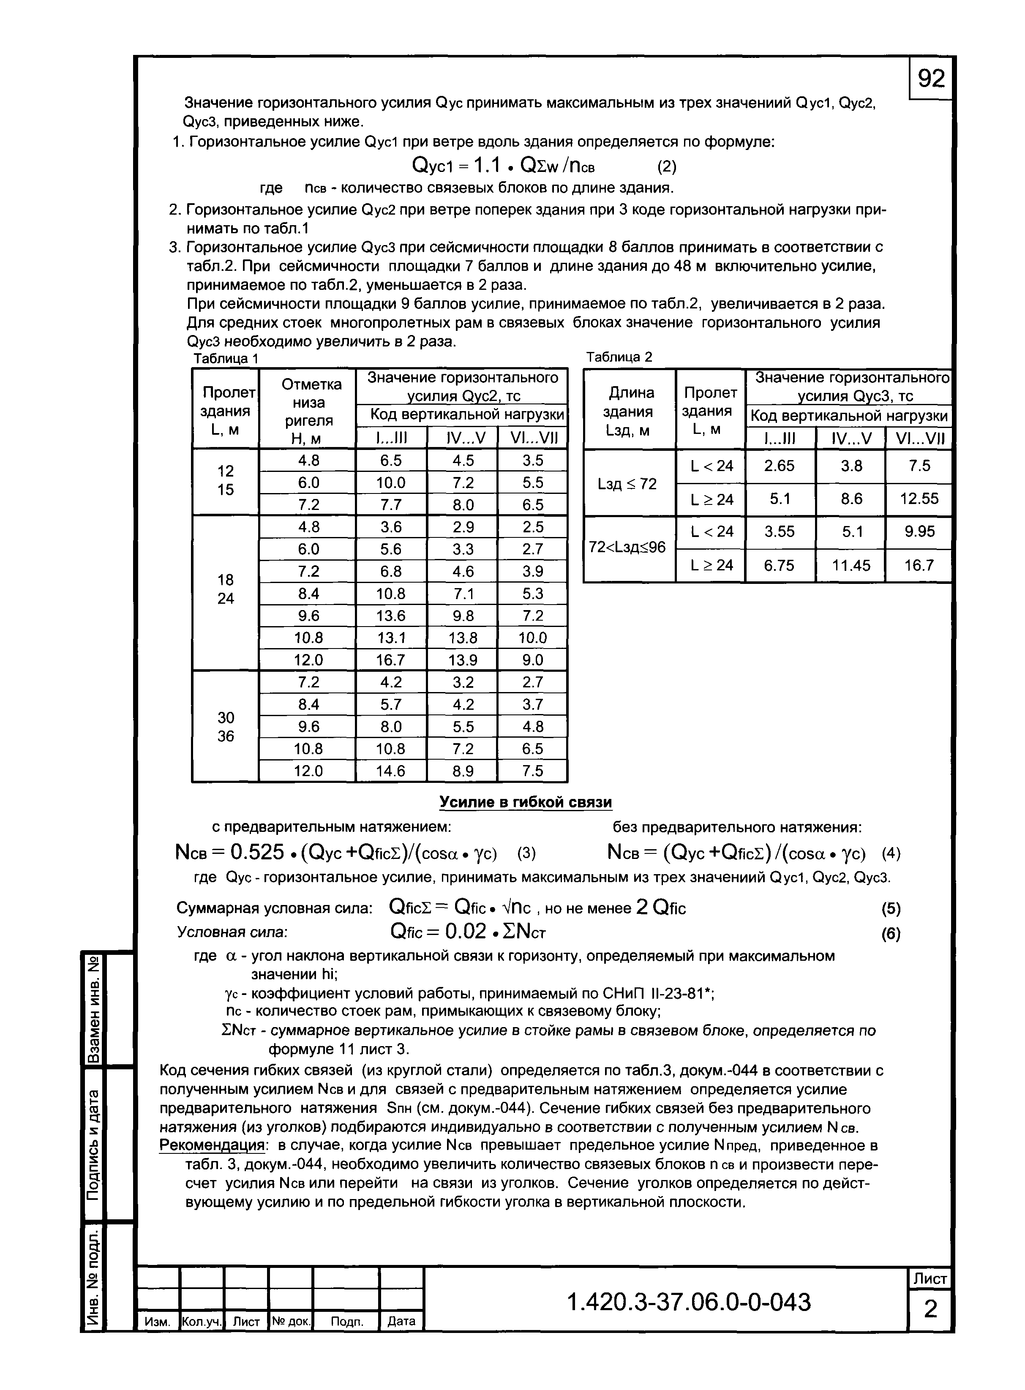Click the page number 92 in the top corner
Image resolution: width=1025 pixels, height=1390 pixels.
point(931,79)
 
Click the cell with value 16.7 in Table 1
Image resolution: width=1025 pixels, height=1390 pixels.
point(390,660)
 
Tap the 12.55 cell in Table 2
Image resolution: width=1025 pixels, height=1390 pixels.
point(919,499)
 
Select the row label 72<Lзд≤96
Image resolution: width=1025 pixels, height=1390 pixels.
point(627,548)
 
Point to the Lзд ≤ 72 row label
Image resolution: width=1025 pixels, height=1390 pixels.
point(627,484)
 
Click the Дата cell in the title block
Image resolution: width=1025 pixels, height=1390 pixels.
point(401,1321)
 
